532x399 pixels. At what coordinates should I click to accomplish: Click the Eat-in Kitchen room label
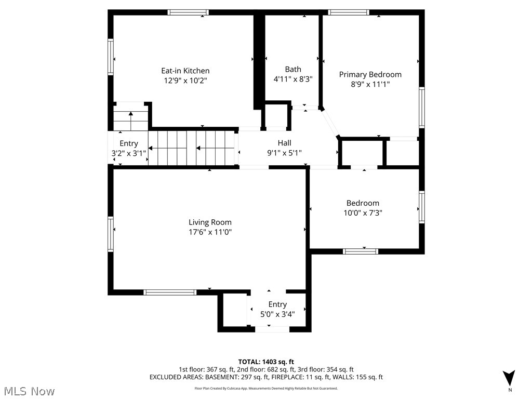point(185,71)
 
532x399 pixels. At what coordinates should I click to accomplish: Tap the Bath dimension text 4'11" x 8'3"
point(292,79)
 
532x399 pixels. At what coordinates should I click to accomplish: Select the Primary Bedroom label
point(370,74)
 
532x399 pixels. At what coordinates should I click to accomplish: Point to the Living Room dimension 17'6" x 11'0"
point(210,232)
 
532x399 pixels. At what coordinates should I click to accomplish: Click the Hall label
point(284,143)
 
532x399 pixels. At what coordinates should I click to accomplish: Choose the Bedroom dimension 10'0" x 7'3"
point(363,212)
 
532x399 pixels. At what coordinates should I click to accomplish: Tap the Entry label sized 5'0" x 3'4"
point(277,304)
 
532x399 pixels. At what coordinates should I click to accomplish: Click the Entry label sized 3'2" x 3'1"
point(129,144)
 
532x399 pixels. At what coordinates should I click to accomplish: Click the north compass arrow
point(509,378)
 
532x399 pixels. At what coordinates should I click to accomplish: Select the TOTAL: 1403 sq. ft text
point(266,362)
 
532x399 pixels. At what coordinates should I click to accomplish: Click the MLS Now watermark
point(28,391)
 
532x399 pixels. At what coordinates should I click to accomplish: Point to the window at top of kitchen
point(188,12)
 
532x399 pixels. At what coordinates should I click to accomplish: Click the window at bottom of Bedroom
point(360,251)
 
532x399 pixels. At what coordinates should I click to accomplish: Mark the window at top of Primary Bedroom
point(348,12)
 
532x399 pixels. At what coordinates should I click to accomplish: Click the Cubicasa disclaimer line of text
point(266,388)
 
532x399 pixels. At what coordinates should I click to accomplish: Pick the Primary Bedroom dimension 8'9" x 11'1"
point(370,84)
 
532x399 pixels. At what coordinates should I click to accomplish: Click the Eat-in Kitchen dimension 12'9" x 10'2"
point(185,81)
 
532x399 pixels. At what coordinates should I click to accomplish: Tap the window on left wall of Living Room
point(111,234)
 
